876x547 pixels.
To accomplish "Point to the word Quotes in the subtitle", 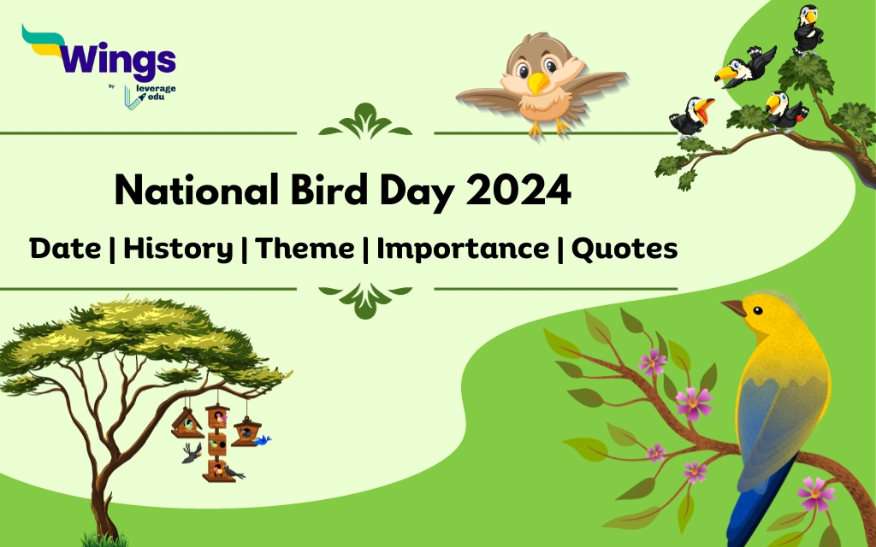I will point(624,249).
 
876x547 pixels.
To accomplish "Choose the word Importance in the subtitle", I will point(463,249).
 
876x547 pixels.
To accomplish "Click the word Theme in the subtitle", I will point(305,249).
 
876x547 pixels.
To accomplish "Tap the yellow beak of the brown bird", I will point(538,84).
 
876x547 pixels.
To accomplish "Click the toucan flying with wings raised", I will point(744,67).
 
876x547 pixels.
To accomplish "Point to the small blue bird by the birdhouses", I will point(262,440).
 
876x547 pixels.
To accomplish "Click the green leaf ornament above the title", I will point(365,122).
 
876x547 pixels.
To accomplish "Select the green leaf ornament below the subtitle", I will point(365,300).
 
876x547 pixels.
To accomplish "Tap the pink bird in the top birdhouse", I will point(218,417).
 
